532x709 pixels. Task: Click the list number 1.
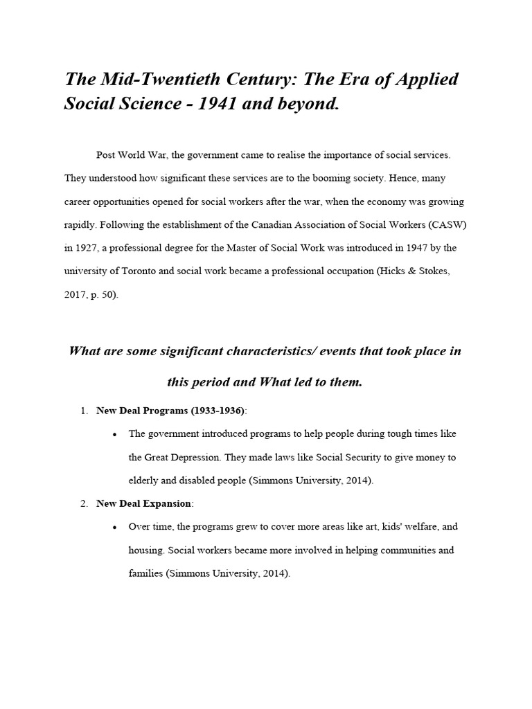[x=83, y=411]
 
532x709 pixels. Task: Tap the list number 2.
[x=83, y=503]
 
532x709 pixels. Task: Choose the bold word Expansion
[x=167, y=503]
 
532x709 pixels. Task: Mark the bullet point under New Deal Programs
[x=113, y=435]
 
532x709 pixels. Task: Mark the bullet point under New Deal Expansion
[x=113, y=528]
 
